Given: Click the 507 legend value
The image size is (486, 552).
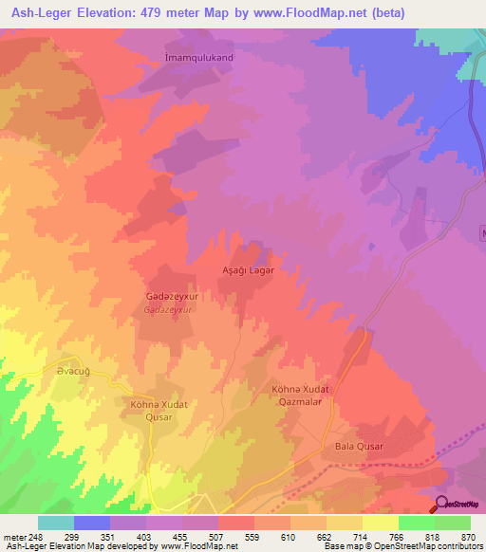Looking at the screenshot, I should click(x=235, y=536).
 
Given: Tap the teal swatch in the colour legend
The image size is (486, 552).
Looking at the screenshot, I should click(x=56, y=523).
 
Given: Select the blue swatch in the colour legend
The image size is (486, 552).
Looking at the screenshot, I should click(x=92, y=523).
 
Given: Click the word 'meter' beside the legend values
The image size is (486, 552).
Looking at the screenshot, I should click(x=14, y=536).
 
